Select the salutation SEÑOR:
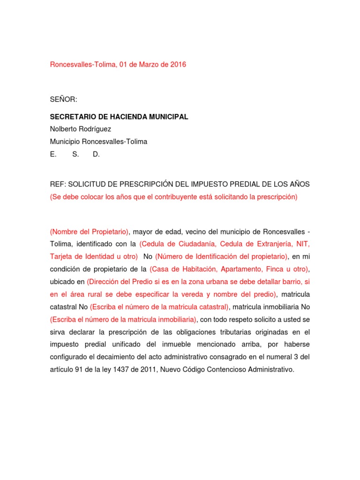63,99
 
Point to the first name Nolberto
65,129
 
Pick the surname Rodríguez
97,129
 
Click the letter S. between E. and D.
75,154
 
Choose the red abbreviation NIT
303,244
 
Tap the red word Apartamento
241,269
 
